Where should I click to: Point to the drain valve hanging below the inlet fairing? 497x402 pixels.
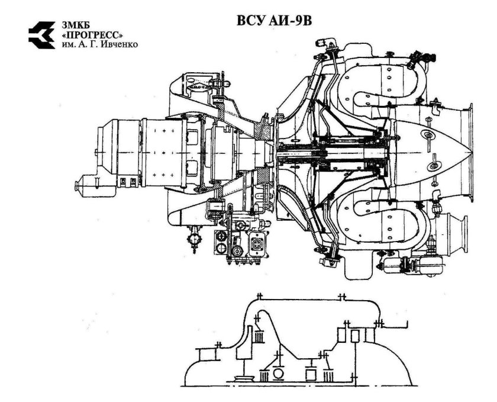pos(193,237)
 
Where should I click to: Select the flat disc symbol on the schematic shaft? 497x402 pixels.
pos(241,377)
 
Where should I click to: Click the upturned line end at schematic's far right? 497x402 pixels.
pos(406,324)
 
